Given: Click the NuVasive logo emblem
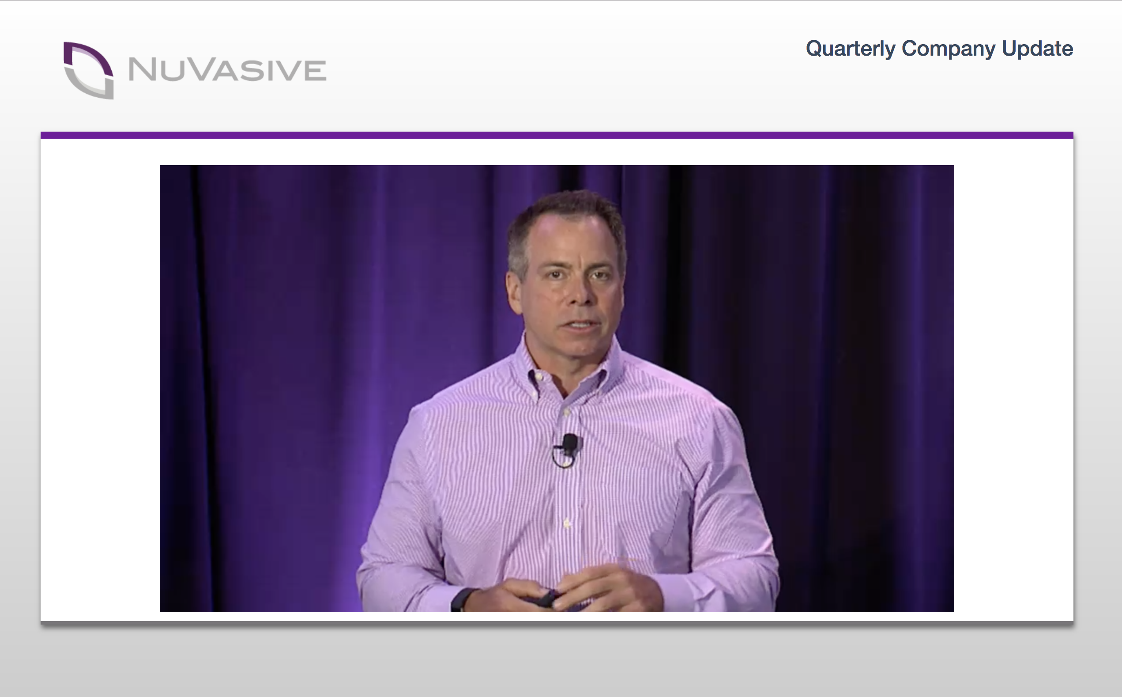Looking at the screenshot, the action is pos(88,70).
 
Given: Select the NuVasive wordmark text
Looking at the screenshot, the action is pos(227,70).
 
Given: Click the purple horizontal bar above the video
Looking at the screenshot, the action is pos(557,135).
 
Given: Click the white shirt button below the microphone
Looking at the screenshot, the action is pos(567,524).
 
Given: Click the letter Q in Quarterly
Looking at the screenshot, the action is pos(815,49).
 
